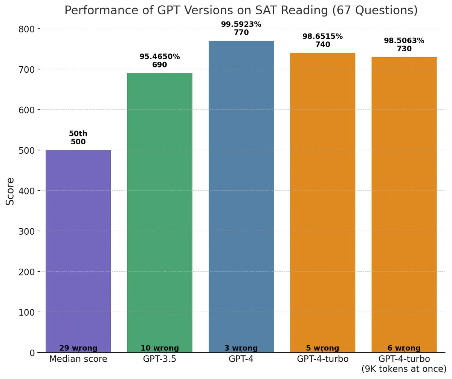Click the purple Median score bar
(78, 249)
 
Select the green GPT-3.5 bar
(160, 211)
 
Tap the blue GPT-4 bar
(241, 196)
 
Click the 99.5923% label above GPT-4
(241, 24)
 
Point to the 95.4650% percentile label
(160, 57)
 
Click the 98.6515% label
(322, 37)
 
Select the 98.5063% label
(404, 41)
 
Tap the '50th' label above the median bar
(78, 134)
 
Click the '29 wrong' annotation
(78, 348)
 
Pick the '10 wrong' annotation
(160, 348)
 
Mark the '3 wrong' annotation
(241, 348)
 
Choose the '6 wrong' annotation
(404, 348)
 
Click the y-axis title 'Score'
(11, 191)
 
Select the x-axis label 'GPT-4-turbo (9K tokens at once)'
(404, 364)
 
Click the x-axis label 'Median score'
(78, 359)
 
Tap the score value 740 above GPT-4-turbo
(322, 45)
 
